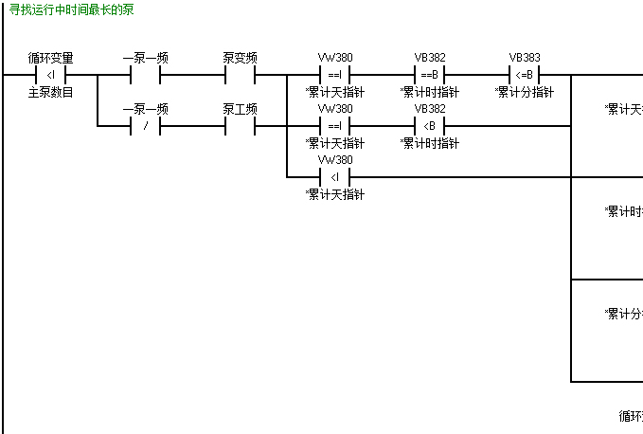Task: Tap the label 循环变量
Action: coord(51,58)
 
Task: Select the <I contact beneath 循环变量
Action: coord(51,75)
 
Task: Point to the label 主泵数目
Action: coord(51,92)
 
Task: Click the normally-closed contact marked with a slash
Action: coord(145,126)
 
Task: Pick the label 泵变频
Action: coord(240,58)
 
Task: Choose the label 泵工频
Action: coord(240,109)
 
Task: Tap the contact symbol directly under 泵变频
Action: coord(240,75)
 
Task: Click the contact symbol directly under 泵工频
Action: coord(240,126)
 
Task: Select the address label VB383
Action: coord(525,58)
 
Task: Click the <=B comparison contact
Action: coord(525,75)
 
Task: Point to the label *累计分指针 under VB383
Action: coord(525,92)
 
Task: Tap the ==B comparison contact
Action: coord(430,75)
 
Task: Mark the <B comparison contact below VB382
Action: coord(430,126)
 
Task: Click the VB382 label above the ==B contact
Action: coord(430,58)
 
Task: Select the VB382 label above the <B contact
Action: coord(430,109)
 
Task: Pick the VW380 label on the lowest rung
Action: coord(335,160)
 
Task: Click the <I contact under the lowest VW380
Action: coord(335,177)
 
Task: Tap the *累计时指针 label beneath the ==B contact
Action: coord(430,92)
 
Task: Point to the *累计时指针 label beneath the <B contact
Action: coord(430,143)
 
